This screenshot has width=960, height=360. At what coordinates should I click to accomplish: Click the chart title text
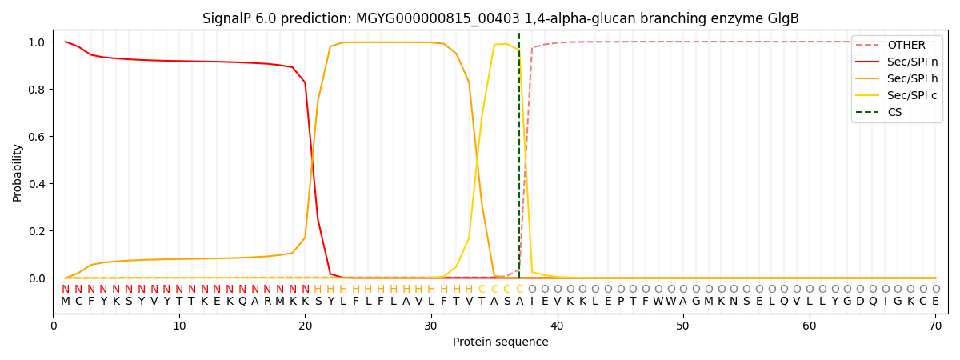click(x=500, y=18)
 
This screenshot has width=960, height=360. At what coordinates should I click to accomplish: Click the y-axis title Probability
click(x=18, y=172)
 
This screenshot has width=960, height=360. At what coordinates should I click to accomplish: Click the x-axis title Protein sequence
click(x=500, y=342)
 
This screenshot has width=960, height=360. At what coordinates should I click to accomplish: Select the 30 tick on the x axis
click(x=430, y=326)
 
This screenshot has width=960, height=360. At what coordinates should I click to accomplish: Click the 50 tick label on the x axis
click(x=682, y=326)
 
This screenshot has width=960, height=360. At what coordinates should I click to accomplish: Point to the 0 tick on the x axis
click(x=54, y=326)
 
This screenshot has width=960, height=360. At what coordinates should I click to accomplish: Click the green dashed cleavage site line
click(x=519, y=160)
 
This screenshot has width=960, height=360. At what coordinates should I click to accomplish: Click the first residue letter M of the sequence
click(x=66, y=302)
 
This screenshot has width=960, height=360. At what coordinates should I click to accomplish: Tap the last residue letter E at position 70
click(x=935, y=302)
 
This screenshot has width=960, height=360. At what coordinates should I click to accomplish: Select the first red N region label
click(x=66, y=290)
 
